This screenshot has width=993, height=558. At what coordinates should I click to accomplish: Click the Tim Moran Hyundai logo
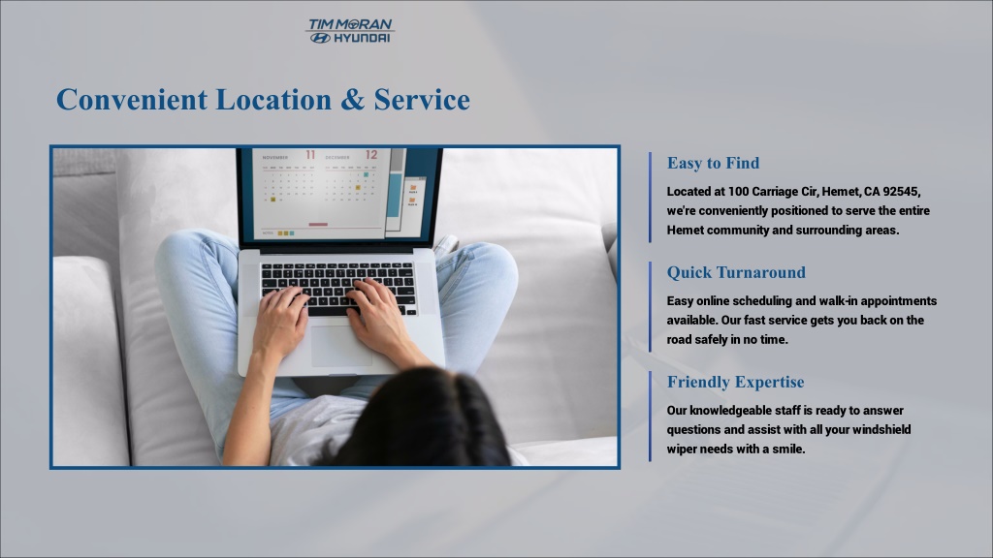[x=350, y=31]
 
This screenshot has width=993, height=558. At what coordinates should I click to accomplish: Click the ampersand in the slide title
[x=352, y=100]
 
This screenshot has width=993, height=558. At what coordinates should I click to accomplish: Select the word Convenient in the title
[x=132, y=100]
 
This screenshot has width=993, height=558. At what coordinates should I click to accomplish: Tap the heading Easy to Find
[x=713, y=163]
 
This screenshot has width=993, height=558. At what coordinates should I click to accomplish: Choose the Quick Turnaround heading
[x=737, y=272]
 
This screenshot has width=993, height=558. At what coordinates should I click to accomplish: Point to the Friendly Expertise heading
[x=735, y=382]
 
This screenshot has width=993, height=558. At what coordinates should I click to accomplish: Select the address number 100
[x=738, y=192]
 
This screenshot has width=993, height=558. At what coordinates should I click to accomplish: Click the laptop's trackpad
[x=341, y=346]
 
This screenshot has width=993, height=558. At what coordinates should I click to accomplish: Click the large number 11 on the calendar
[x=310, y=155]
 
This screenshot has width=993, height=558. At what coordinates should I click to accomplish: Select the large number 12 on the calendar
[x=371, y=155]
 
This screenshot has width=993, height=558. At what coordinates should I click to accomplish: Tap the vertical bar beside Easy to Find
[x=650, y=198]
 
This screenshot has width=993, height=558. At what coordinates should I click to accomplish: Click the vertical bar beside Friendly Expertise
[x=650, y=417]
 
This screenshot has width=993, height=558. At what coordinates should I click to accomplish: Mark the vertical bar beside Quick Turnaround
[x=650, y=307]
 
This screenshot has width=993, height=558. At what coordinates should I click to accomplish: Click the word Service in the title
[x=422, y=100]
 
